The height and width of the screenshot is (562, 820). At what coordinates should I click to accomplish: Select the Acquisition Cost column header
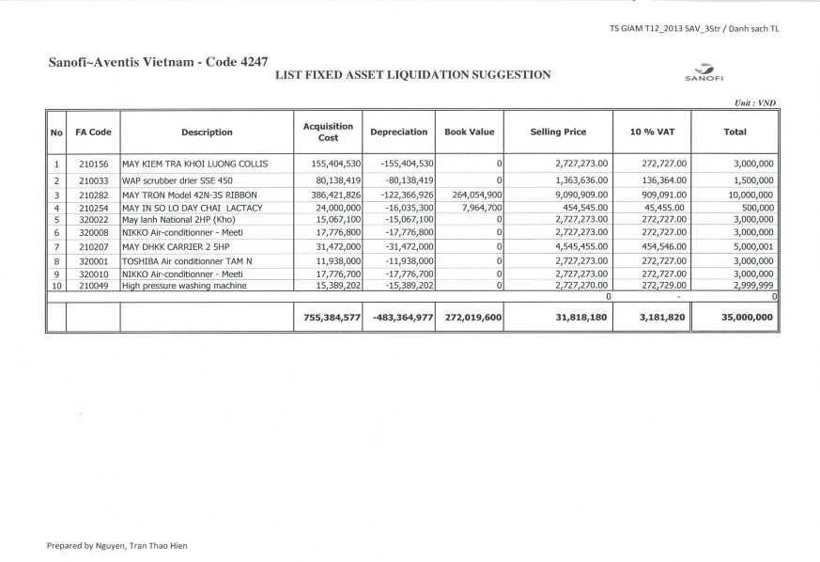tap(328, 133)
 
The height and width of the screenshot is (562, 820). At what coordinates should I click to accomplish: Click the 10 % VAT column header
tap(650, 133)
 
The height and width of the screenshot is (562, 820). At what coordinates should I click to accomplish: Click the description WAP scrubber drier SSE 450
tap(181, 180)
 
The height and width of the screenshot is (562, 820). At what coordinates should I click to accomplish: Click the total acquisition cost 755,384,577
tap(328, 319)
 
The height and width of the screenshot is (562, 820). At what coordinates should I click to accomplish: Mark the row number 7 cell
tap(56, 246)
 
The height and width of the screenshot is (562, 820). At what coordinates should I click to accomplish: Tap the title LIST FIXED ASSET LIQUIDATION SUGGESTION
tap(412, 74)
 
